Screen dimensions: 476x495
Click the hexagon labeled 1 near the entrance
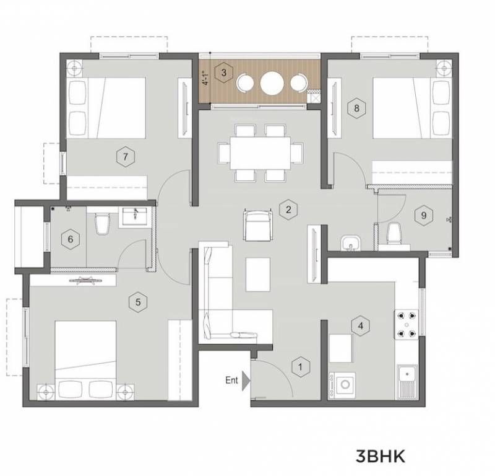[300, 367]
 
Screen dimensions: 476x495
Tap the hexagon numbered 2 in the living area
[287, 209]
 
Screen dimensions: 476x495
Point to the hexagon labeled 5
[138, 302]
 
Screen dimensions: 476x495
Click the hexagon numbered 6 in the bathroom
[71, 239]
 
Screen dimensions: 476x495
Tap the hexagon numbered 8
[356, 108]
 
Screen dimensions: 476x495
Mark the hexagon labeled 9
[423, 216]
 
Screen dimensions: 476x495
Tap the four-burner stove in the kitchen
[408, 324]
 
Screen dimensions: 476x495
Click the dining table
[260, 152]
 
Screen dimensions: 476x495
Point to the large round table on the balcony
[273, 82]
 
